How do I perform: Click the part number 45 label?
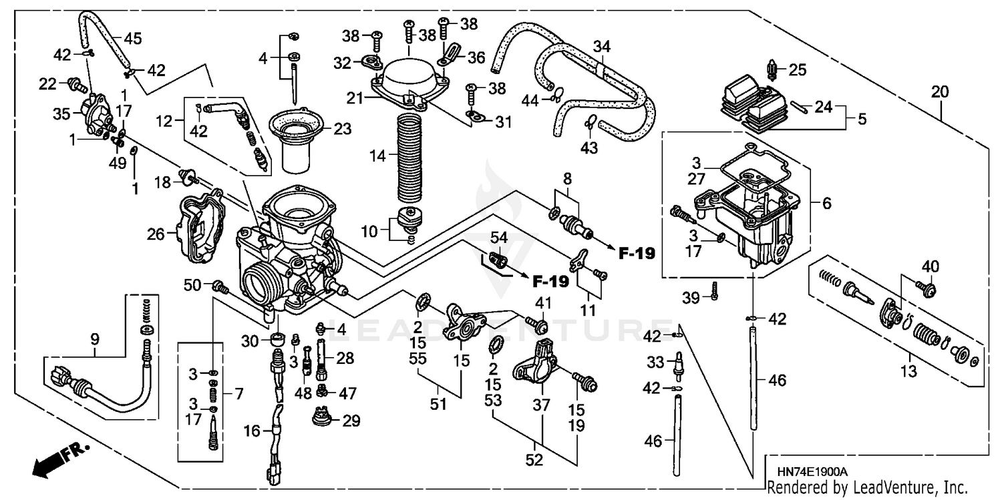click(x=133, y=39)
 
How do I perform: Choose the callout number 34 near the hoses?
click(x=602, y=47)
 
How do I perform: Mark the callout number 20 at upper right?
click(x=939, y=93)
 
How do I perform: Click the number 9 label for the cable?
click(x=95, y=340)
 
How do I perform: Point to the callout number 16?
click(x=252, y=432)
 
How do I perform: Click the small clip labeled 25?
click(x=774, y=68)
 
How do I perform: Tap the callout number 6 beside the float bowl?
click(x=827, y=204)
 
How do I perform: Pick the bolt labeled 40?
click(x=926, y=288)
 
